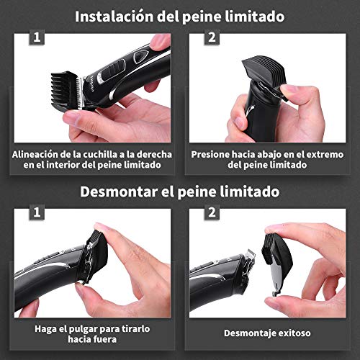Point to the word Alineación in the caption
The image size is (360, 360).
click(38, 153)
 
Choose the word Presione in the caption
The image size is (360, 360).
click(214, 153)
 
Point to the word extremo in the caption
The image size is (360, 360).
click(318, 153)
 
